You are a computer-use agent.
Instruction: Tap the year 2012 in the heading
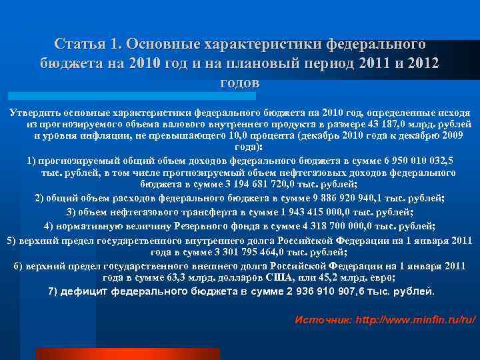point(423,64)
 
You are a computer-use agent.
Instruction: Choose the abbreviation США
point(279,277)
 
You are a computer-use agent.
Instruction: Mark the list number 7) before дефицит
point(55,292)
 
